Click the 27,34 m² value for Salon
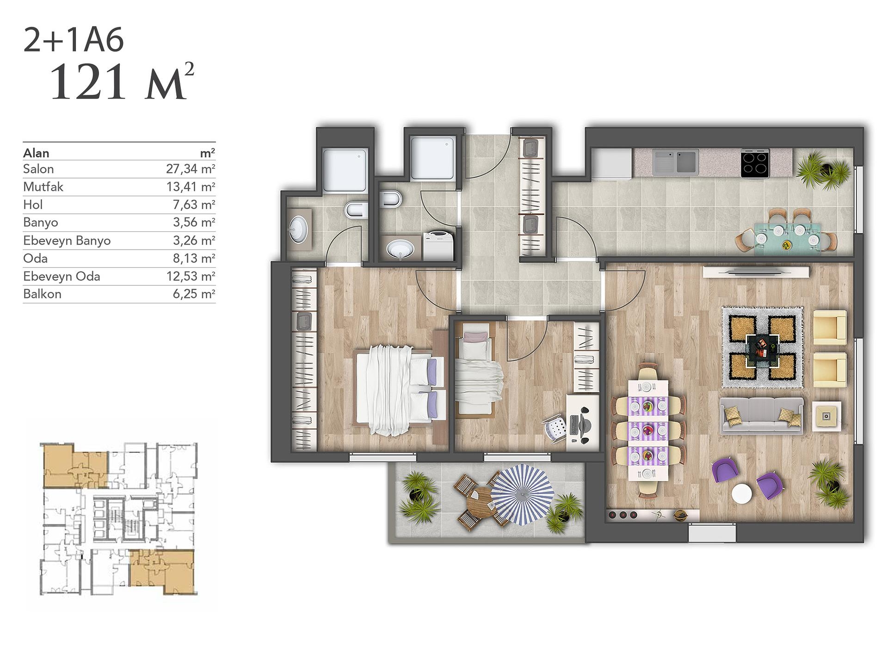coord(191,169)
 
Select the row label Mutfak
coord(43,187)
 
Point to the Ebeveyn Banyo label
coord(67,241)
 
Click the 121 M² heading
coord(122,82)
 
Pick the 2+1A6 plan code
coord(74,40)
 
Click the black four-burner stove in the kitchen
coord(755,164)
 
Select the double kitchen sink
coord(675,160)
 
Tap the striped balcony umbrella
coord(522,494)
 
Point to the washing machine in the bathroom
coord(438,244)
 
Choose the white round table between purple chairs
coord(742,494)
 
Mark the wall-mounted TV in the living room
coord(756,272)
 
